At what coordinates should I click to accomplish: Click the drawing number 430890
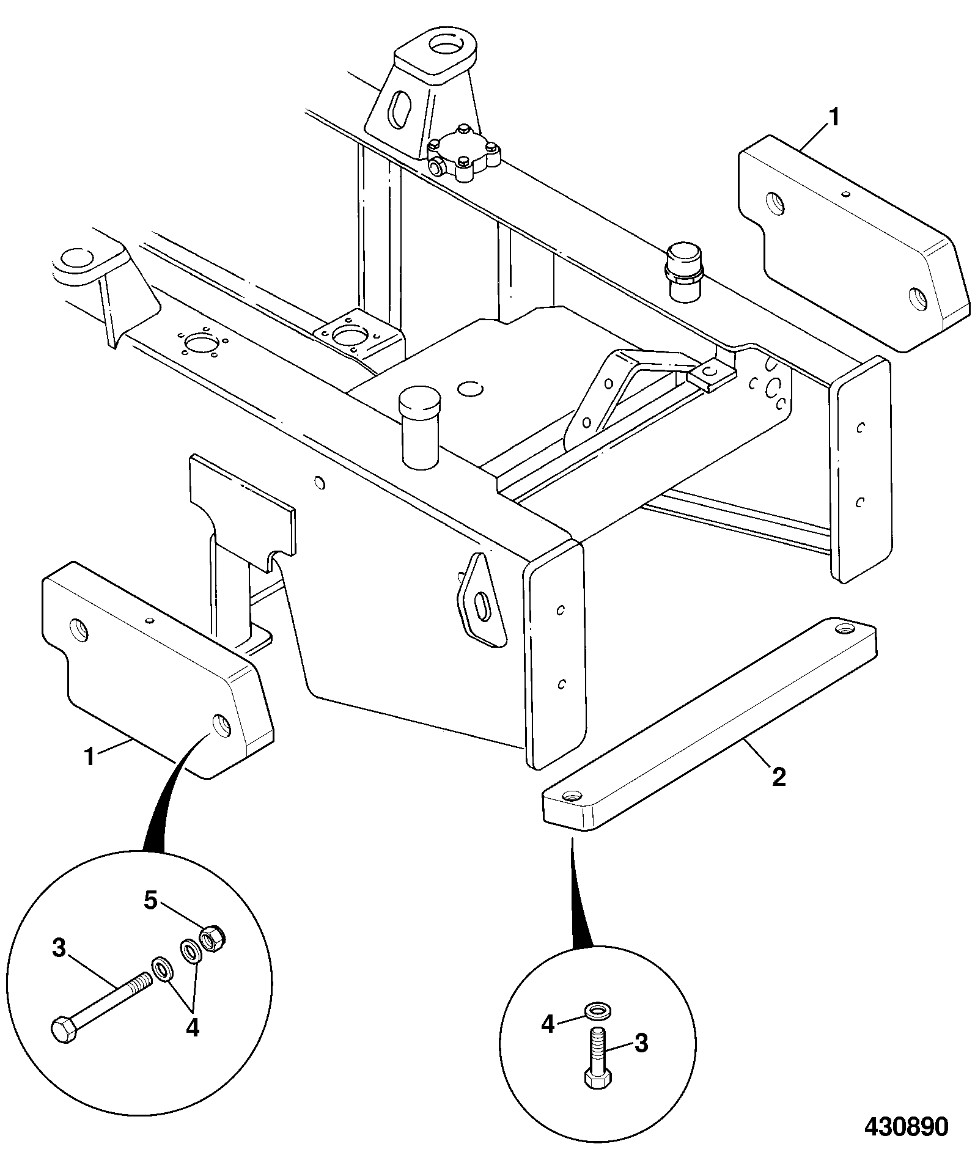906,1126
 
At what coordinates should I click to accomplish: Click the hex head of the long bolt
64,1032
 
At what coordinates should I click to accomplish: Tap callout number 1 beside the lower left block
90,757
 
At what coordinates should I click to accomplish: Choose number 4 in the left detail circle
192,1028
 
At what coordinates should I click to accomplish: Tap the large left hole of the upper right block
775,203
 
